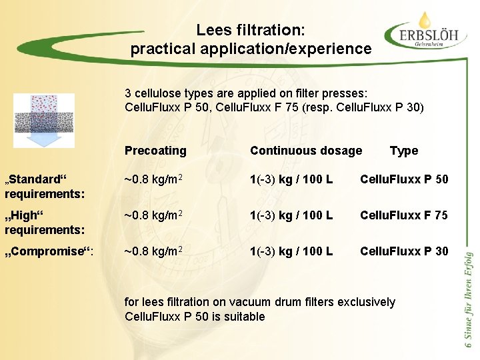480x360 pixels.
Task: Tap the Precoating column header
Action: [x=155, y=151]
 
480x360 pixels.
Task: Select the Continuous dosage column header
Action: [x=306, y=151]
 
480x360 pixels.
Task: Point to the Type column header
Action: [x=403, y=151]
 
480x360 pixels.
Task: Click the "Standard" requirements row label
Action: [x=44, y=186]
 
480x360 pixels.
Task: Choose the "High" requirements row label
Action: [x=44, y=222]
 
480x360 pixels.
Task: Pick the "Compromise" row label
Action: [x=49, y=251]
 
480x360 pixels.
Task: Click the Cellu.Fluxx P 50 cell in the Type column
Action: [x=404, y=179]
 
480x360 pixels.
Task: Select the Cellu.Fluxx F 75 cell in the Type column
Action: [x=404, y=215]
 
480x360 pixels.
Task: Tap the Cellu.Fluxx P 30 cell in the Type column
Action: [x=404, y=251]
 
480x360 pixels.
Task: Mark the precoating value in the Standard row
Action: [x=155, y=179]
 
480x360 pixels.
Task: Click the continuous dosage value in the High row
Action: [x=291, y=215]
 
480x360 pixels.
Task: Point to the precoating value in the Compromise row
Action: [x=155, y=251]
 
